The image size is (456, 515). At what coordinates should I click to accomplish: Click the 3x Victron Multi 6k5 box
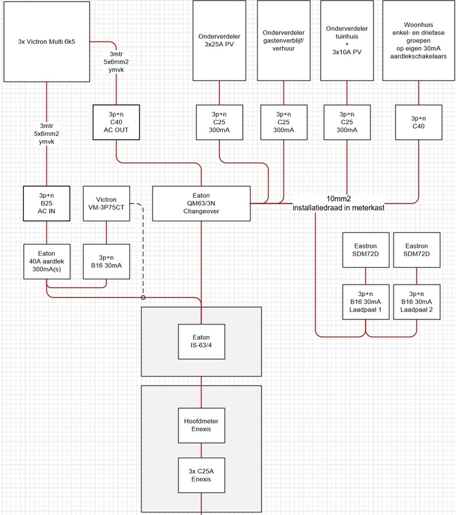pos(46,42)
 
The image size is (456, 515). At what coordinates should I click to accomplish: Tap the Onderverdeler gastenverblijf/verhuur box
pos(284,41)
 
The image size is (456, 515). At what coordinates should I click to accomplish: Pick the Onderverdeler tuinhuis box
pos(348,41)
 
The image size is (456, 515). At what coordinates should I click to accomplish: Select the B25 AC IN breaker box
pos(46,203)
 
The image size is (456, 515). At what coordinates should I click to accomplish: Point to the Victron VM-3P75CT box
pos(108,203)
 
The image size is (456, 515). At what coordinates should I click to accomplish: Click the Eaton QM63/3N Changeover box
pos(201,203)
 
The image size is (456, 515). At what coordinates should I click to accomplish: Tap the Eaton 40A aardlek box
pos(46,261)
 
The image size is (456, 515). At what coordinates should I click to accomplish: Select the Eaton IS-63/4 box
pos(201,341)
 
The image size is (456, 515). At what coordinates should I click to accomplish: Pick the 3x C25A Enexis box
pos(201,475)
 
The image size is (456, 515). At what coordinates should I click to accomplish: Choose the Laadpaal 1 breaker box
pos(365,303)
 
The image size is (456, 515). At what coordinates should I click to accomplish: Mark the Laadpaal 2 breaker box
pos(416,303)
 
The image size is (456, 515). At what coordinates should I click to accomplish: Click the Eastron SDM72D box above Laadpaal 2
pos(416,251)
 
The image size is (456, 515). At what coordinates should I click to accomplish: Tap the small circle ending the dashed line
pos(142,297)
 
